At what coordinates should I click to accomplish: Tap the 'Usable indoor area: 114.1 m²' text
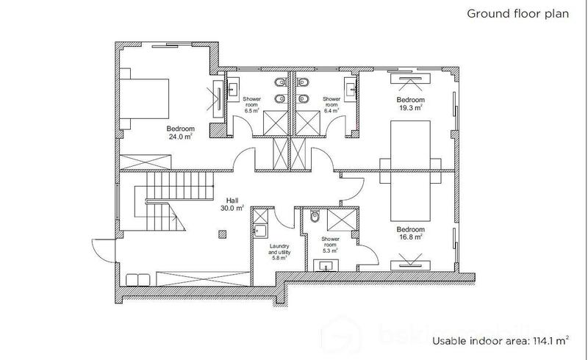pyautogui.click(x=499, y=340)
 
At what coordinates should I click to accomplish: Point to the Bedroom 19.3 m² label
pyautogui.click(x=410, y=104)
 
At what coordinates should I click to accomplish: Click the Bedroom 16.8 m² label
pyautogui.click(x=409, y=232)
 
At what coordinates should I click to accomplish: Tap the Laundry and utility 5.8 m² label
pyautogui.click(x=279, y=251)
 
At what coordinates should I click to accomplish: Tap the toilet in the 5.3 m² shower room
pyautogui.click(x=314, y=217)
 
